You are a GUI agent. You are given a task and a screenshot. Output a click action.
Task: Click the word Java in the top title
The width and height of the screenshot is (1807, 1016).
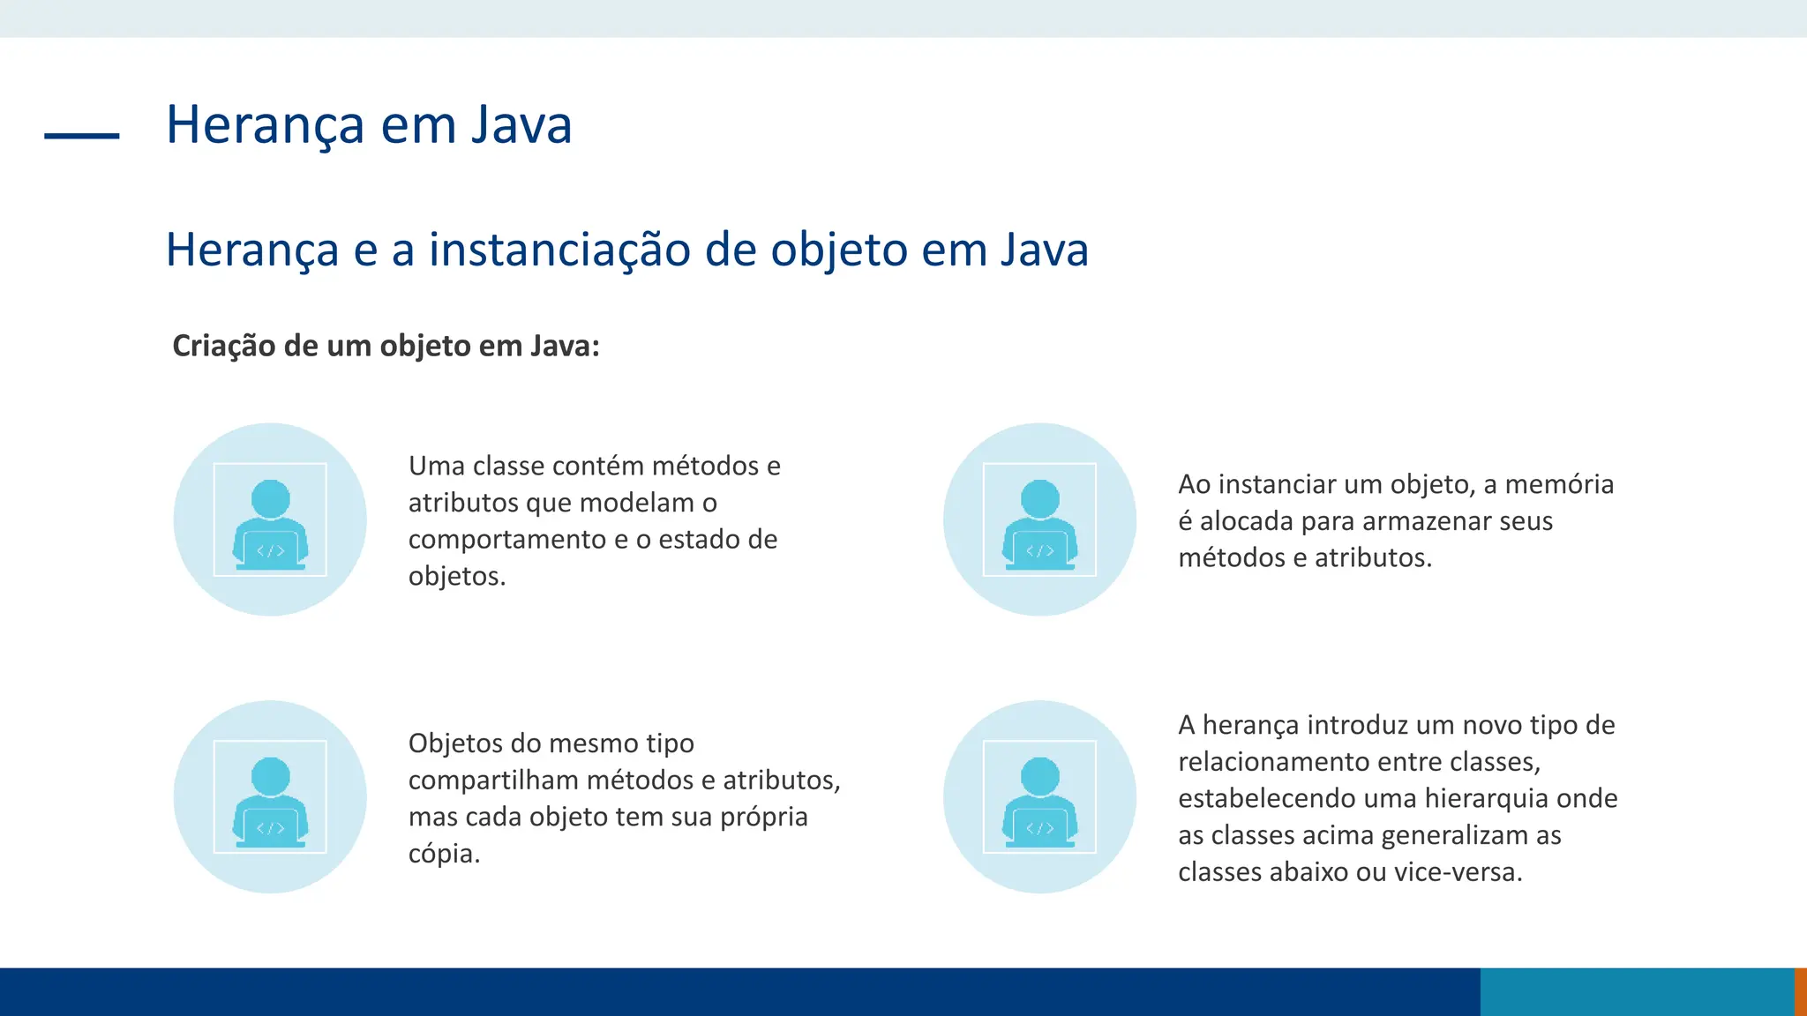(521, 124)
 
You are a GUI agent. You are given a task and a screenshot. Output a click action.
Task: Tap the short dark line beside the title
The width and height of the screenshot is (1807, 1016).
(81, 136)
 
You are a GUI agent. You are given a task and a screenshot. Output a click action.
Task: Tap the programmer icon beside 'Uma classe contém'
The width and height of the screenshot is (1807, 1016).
(270, 520)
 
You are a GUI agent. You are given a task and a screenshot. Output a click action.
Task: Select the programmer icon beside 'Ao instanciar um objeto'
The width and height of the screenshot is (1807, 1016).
(1039, 520)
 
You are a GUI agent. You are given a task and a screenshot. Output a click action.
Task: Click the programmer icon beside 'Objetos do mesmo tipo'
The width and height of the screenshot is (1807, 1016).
(270, 797)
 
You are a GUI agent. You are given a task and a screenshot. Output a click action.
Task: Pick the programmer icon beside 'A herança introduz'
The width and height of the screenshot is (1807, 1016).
(1039, 797)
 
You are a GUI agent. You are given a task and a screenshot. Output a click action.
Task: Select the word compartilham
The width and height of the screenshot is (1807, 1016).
(493, 781)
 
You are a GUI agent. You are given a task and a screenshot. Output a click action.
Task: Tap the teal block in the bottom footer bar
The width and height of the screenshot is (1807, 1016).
(1637, 992)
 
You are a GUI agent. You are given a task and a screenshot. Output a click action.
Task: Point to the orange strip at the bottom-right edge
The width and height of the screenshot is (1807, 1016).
(1801, 992)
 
